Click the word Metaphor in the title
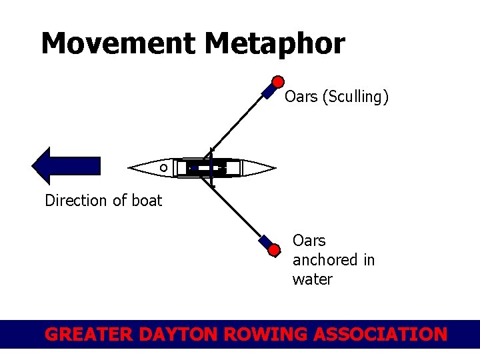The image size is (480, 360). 275,44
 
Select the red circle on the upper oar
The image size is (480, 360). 279,81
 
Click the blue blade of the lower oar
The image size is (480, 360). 265,241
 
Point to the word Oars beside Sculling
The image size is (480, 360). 301,97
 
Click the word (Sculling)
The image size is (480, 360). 355,97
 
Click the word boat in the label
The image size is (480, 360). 146,201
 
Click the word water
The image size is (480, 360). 312,279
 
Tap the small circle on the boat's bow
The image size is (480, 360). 163,168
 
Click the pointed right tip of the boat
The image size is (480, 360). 273,167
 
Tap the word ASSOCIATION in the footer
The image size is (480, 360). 383,334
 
